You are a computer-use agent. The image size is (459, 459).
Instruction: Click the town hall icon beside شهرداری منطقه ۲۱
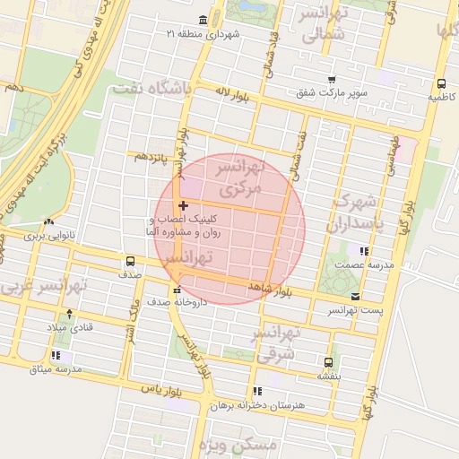click(x=202, y=20)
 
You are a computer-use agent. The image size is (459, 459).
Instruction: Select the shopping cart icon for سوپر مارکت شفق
click(x=331, y=80)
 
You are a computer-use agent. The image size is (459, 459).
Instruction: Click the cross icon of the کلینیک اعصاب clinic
click(x=184, y=206)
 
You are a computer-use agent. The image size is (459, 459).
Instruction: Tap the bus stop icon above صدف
click(x=131, y=262)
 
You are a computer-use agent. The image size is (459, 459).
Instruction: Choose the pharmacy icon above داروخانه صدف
click(x=177, y=290)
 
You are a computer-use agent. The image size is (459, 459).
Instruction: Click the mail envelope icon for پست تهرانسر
click(x=356, y=296)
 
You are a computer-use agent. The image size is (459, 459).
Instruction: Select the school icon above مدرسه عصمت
click(x=363, y=252)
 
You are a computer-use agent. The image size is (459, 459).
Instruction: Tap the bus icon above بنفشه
click(x=328, y=362)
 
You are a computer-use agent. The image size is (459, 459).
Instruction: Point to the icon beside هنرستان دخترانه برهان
click(x=257, y=391)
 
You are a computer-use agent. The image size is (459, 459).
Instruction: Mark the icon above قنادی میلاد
click(x=70, y=314)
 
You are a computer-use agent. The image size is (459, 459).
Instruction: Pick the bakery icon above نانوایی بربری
click(x=48, y=221)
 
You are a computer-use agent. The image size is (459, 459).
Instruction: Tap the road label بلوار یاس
click(x=161, y=392)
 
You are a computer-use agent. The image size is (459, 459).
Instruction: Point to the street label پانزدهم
click(x=152, y=157)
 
